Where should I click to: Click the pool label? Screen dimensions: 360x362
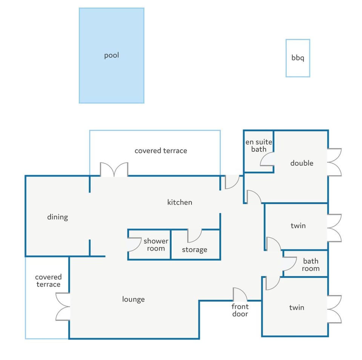111,55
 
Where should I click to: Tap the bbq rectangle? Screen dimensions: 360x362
298,58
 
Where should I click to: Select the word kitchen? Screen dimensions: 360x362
179,202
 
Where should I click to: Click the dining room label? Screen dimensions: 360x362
57,217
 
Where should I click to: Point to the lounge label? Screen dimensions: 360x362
133,299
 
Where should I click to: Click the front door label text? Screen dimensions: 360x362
240,310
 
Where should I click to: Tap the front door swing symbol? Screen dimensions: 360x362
240,294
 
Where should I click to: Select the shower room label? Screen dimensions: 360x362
156,245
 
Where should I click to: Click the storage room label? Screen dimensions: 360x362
194,250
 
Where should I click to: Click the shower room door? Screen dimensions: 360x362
134,245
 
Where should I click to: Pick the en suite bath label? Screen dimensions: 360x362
258,146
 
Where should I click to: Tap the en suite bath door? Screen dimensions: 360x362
267,161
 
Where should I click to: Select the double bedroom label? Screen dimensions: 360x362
302,163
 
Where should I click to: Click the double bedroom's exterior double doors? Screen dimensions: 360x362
334,162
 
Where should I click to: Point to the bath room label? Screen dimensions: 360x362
310,265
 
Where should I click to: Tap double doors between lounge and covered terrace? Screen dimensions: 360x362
63,307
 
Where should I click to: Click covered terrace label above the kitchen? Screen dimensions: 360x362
161,151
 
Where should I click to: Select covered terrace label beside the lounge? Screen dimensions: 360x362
48,281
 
